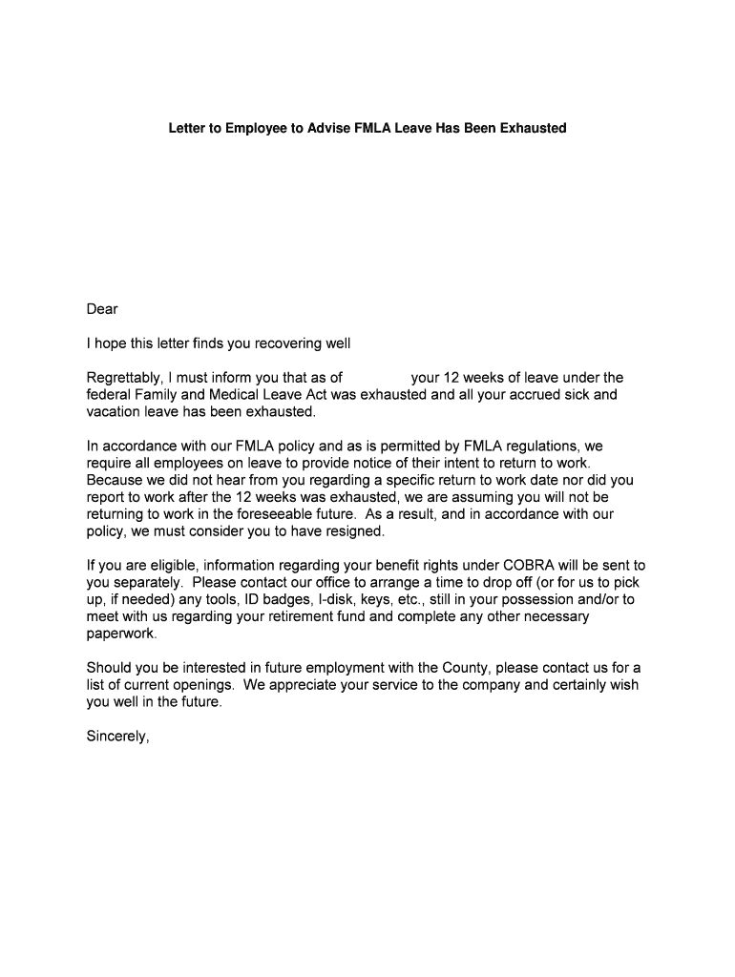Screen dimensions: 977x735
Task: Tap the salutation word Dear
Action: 102,309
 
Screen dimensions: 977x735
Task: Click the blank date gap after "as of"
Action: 376,378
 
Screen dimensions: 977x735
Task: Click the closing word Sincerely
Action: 118,737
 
